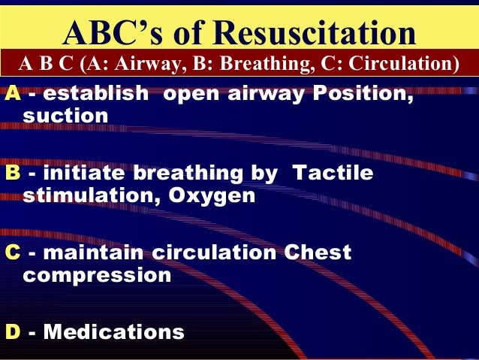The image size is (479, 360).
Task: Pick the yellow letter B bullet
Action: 13,174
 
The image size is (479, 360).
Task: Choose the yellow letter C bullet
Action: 13,253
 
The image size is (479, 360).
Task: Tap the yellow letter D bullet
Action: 13,331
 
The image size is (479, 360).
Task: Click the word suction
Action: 66,116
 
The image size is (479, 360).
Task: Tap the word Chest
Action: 318,253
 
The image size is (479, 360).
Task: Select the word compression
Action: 98,274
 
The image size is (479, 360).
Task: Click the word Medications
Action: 113,331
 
